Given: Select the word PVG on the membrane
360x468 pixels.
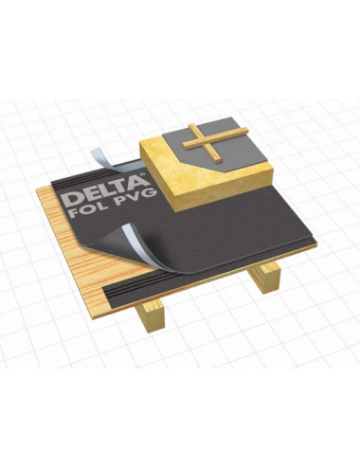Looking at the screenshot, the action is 136,196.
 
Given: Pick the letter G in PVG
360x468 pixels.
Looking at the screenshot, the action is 150,192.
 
